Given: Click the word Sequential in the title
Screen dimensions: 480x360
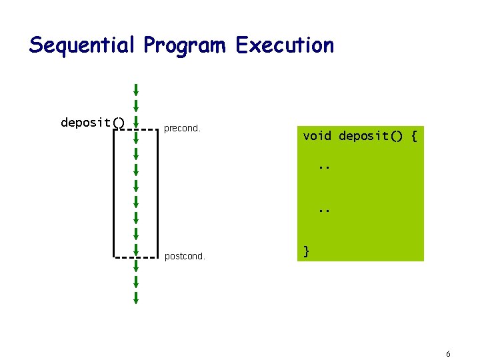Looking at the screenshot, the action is coord(83,45).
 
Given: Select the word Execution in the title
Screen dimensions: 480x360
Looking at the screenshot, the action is coord(285,45).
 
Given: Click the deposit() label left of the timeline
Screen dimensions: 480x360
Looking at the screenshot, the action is coord(93,122).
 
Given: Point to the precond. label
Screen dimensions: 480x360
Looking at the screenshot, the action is coord(182,129).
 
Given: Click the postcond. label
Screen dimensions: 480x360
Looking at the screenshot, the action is coord(185,255).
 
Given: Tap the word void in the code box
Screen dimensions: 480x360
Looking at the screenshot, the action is coord(317,136).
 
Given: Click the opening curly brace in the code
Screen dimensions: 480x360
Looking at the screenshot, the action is coord(414,136).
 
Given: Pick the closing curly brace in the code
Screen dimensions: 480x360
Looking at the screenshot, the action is coord(306,251).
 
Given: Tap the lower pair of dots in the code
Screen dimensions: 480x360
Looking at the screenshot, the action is coord(324,210).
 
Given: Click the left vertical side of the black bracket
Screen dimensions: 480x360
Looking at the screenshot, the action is coord(113,193).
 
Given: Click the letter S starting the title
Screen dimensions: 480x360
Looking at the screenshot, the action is coord(36,45).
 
